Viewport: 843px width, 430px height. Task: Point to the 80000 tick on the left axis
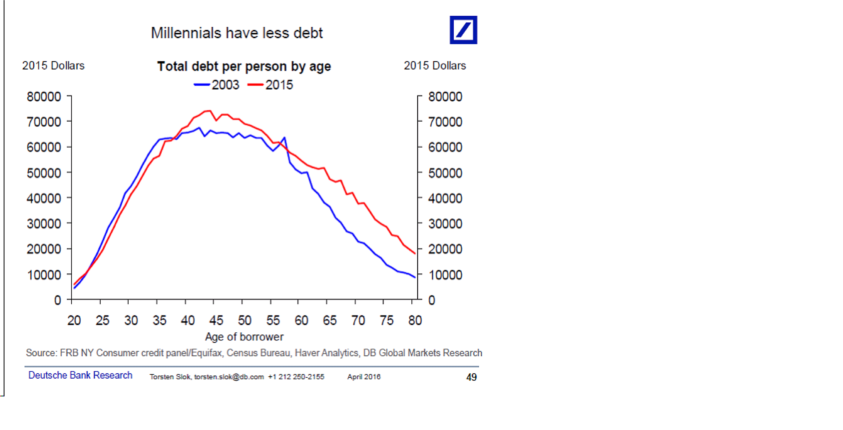[x=44, y=97]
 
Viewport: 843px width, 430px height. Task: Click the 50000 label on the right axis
[x=445, y=173]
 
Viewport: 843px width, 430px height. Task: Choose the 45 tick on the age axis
[x=216, y=320]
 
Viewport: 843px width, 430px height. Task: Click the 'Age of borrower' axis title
[x=244, y=337]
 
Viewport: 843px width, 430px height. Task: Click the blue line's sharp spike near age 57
[x=284, y=138]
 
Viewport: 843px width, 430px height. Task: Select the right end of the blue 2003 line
[x=415, y=277]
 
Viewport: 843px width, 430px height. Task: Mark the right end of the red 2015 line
[x=415, y=253]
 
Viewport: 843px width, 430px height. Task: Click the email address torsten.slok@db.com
[x=229, y=377]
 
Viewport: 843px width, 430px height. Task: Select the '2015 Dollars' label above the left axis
[x=53, y=66]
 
